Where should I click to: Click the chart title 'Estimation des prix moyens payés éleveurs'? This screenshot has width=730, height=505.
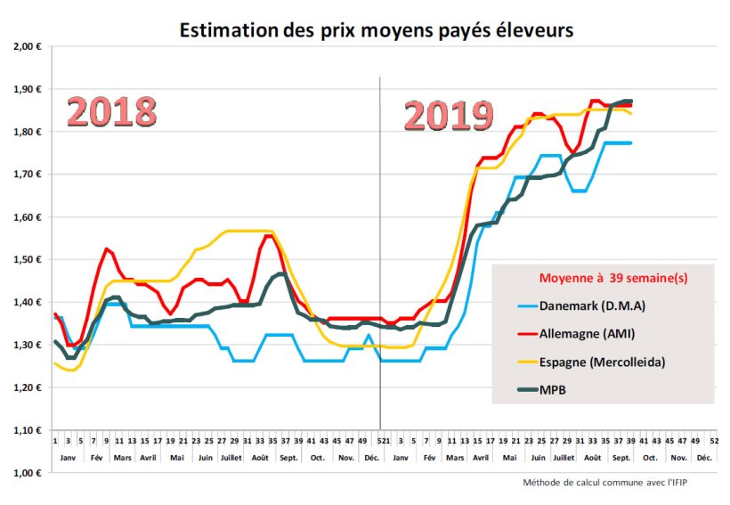[377, 30]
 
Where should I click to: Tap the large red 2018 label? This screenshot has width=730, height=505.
[112, 113]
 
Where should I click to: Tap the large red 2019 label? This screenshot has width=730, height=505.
[449, 116]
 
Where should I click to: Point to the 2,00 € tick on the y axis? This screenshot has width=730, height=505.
[26, 46]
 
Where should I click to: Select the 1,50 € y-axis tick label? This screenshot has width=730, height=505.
[26, 260]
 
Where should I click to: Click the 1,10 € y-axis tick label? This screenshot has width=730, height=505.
[26, 430]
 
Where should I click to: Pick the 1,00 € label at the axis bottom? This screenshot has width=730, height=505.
[26, 473]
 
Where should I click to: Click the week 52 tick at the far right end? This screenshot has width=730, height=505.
[715, 441]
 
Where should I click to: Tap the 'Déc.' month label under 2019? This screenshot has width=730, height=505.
[704, 457]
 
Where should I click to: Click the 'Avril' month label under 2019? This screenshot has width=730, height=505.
[482, 457]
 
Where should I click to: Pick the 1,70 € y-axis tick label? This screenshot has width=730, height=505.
[26, 175]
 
